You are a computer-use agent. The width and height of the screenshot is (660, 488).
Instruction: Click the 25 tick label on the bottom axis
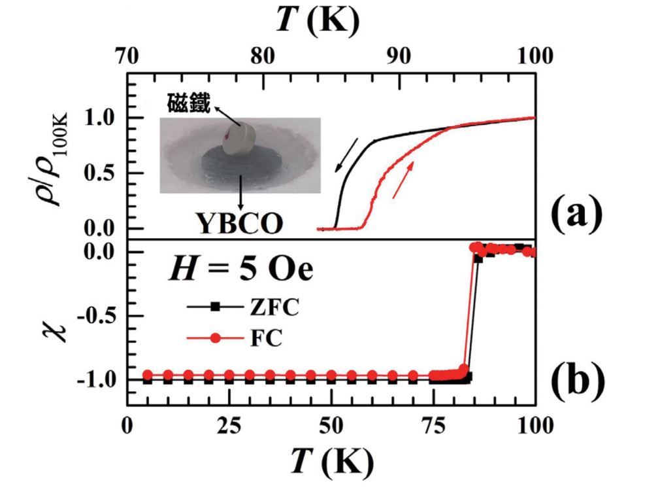point(228,426)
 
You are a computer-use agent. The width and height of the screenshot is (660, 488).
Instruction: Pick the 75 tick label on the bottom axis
point(433,426)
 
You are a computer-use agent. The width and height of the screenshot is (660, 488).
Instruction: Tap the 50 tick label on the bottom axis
point(331,426)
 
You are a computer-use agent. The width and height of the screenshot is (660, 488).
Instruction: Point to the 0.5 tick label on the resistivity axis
point(99,173)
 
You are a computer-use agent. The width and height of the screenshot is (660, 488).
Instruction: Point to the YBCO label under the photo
point(240,222)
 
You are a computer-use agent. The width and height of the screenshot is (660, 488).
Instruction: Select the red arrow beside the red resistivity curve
point(403,181)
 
